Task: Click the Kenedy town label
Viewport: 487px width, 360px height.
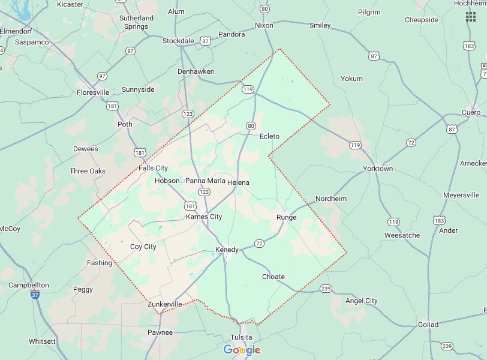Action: pyautogui.click(x=227, y=250)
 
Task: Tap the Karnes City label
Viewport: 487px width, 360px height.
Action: pyautogui.click(x=204, y=217)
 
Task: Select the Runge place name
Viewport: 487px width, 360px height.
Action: pyautogui.click(x=286, y=217)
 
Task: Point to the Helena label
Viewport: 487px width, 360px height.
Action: pyautogui.click(x=238, y=182)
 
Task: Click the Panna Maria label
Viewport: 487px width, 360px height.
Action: pyautogui.click(x=205, y=181)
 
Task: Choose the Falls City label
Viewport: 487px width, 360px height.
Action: pyautogui.click(x=153, y=168)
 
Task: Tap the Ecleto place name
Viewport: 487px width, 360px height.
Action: pyautogui.click(x=269, y=136)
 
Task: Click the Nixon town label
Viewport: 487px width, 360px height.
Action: pyautogui.click(x=264, y=25)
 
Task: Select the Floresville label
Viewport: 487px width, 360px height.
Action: pyautogui.click(x=93, y=92)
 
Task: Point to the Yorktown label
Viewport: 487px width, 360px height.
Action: pyautogui.click(x=378, y=169)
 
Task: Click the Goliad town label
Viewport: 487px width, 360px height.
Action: pyautogui.click(x=428, y=325)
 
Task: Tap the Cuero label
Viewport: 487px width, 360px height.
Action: pyautogui.click(x=471, y=112)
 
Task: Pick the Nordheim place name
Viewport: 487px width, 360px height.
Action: pyautogui.click(x=331, y=199)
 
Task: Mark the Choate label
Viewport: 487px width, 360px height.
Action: pyautogui.click(x=273, y=277)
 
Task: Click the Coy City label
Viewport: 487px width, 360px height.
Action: pyautogui.click(x=143, y=247)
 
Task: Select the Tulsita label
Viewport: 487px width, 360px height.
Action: pyautogui.click(x=242, y=337)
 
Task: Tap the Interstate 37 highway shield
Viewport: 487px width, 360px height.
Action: pyautogui.click(x=35, y=295)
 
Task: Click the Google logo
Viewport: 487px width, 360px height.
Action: pyautogui.click(x=242, y=350)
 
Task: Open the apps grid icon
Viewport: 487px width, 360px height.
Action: pyautogui.click(x=471, y=16)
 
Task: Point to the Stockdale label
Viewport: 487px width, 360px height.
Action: pyautogui.click(x=178, y=41)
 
